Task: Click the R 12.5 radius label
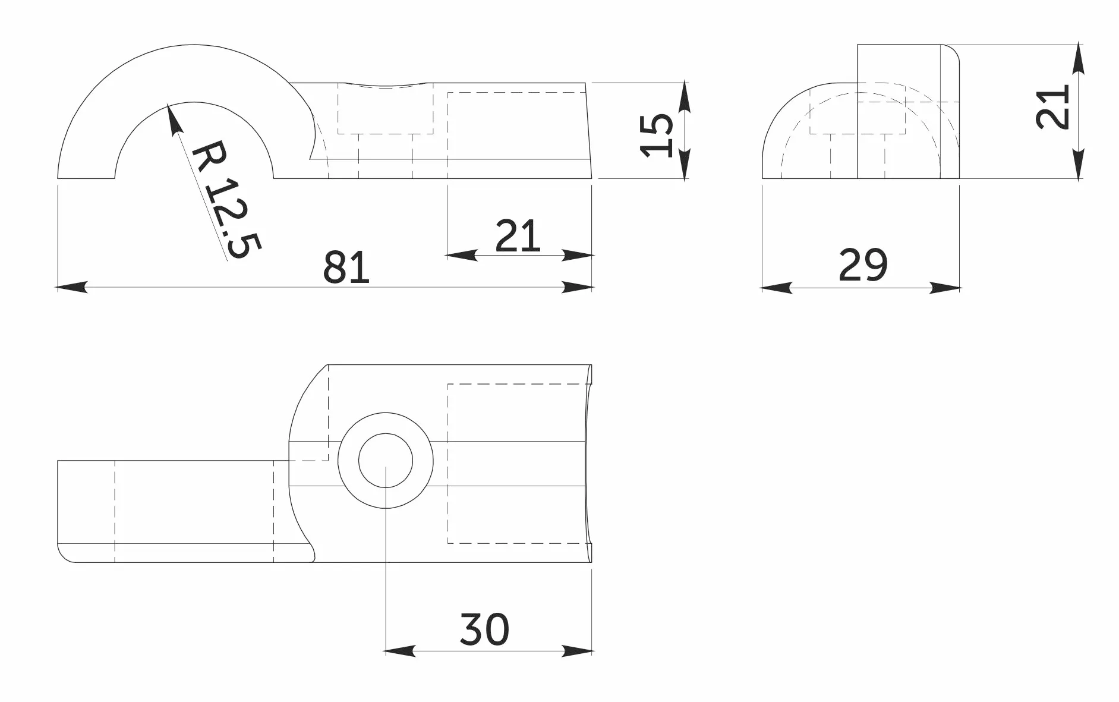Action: [x=226, y=199]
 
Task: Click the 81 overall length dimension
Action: [x=346, y=267]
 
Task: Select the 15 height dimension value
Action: [x=657, y=136]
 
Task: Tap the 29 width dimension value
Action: [x=863, y=265]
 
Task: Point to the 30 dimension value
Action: [x=484, y=629]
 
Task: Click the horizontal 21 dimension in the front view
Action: [x=518, y=236]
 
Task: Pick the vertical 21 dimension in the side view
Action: [x=1052, y=107]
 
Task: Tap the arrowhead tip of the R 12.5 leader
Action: [x=169, y=104]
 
